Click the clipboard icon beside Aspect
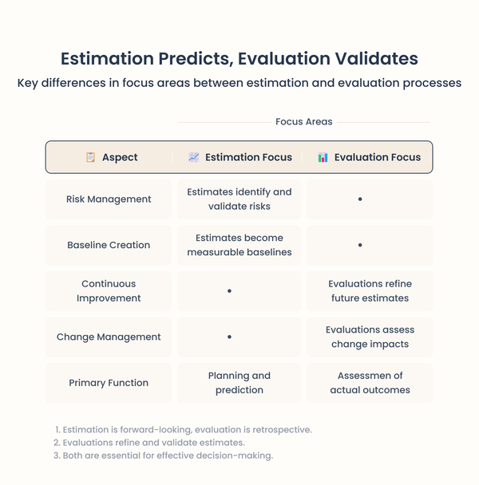point(90,157)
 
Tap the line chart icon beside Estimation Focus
point(193,157)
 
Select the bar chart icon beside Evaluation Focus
point(323,157)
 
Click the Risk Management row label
point(109,199)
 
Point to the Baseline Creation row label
point(109,245)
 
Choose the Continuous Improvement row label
point(109,291)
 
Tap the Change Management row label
point(109,337)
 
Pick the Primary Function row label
point(109,383)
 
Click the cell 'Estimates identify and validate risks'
point(239,199)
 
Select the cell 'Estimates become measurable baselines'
point(239,245)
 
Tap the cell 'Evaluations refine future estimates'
point(370,291)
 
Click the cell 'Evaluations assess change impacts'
point(370,337)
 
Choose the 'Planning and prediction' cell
point(239,383)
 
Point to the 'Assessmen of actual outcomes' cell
point(370,383)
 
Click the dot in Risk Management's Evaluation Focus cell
point(360,199)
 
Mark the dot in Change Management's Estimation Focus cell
point(229,337)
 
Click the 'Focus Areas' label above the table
point(303,122)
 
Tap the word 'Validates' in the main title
point(370,59)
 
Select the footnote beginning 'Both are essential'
point(163,455)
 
